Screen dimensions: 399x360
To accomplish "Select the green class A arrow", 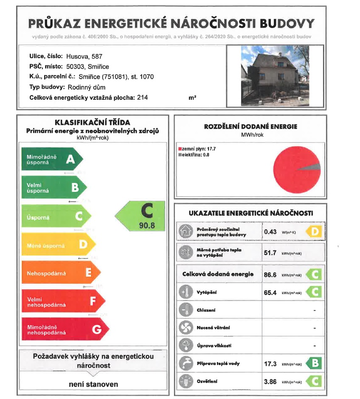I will pos(51,159).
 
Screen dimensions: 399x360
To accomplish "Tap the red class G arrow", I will pos(64,329).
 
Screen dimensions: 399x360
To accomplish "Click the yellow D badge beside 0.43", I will pos(315,232).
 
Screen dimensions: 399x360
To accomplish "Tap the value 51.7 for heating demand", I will pos(270,253).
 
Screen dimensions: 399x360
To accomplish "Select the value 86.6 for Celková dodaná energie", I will pos(270,275).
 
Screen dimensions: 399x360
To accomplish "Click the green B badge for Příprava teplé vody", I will pos(315,364).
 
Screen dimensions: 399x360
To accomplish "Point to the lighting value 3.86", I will pos(270,382).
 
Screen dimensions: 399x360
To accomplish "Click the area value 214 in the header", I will pos(142,98).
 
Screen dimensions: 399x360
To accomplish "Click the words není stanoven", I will pos(93,385).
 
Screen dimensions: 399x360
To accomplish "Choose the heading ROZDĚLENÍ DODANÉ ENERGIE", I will pos(250,126).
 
